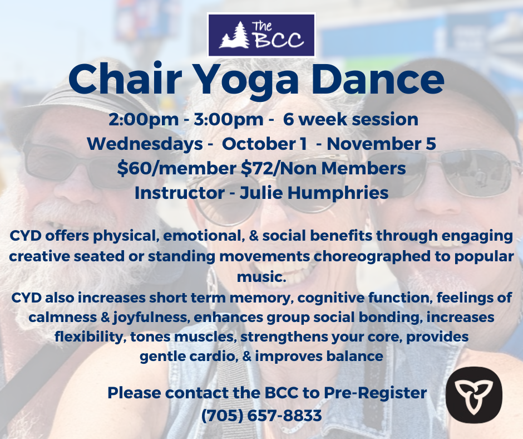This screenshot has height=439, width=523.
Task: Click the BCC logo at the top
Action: (x=261, y=35)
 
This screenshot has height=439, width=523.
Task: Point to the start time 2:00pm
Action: (x=144, y=120)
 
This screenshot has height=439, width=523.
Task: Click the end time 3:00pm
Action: (x=229, y=120)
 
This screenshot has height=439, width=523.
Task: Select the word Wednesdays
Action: (x=145, y=144)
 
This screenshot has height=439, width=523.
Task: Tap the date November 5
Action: (x=381, y=144)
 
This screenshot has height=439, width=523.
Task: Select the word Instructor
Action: (x=180, y=193)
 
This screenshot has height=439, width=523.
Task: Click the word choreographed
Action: (x=371, y=257)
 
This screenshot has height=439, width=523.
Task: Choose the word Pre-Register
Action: (x=375, y=393)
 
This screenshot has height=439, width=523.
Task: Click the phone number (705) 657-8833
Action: (x=261, y=415)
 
